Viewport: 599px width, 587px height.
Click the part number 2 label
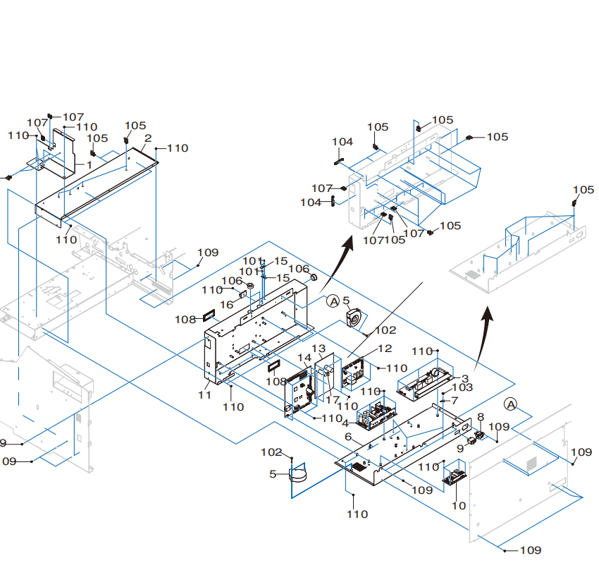[x=148, y=138]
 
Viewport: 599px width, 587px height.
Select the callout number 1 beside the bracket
[x=89, y=165]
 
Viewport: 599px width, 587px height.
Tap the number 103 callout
[x=462, y=387]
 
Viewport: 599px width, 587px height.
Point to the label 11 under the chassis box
[x=205, y=394]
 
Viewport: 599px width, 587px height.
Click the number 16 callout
[x=226, y=305]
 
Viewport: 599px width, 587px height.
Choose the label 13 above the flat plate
[x=319, y=349]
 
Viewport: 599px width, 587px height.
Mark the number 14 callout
[x=304, y=358]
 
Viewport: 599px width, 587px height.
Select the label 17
[x=333, y=399]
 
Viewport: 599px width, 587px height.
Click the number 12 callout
[x=385, y=349]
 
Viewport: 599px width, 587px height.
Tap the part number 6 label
[x=348, y=437]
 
